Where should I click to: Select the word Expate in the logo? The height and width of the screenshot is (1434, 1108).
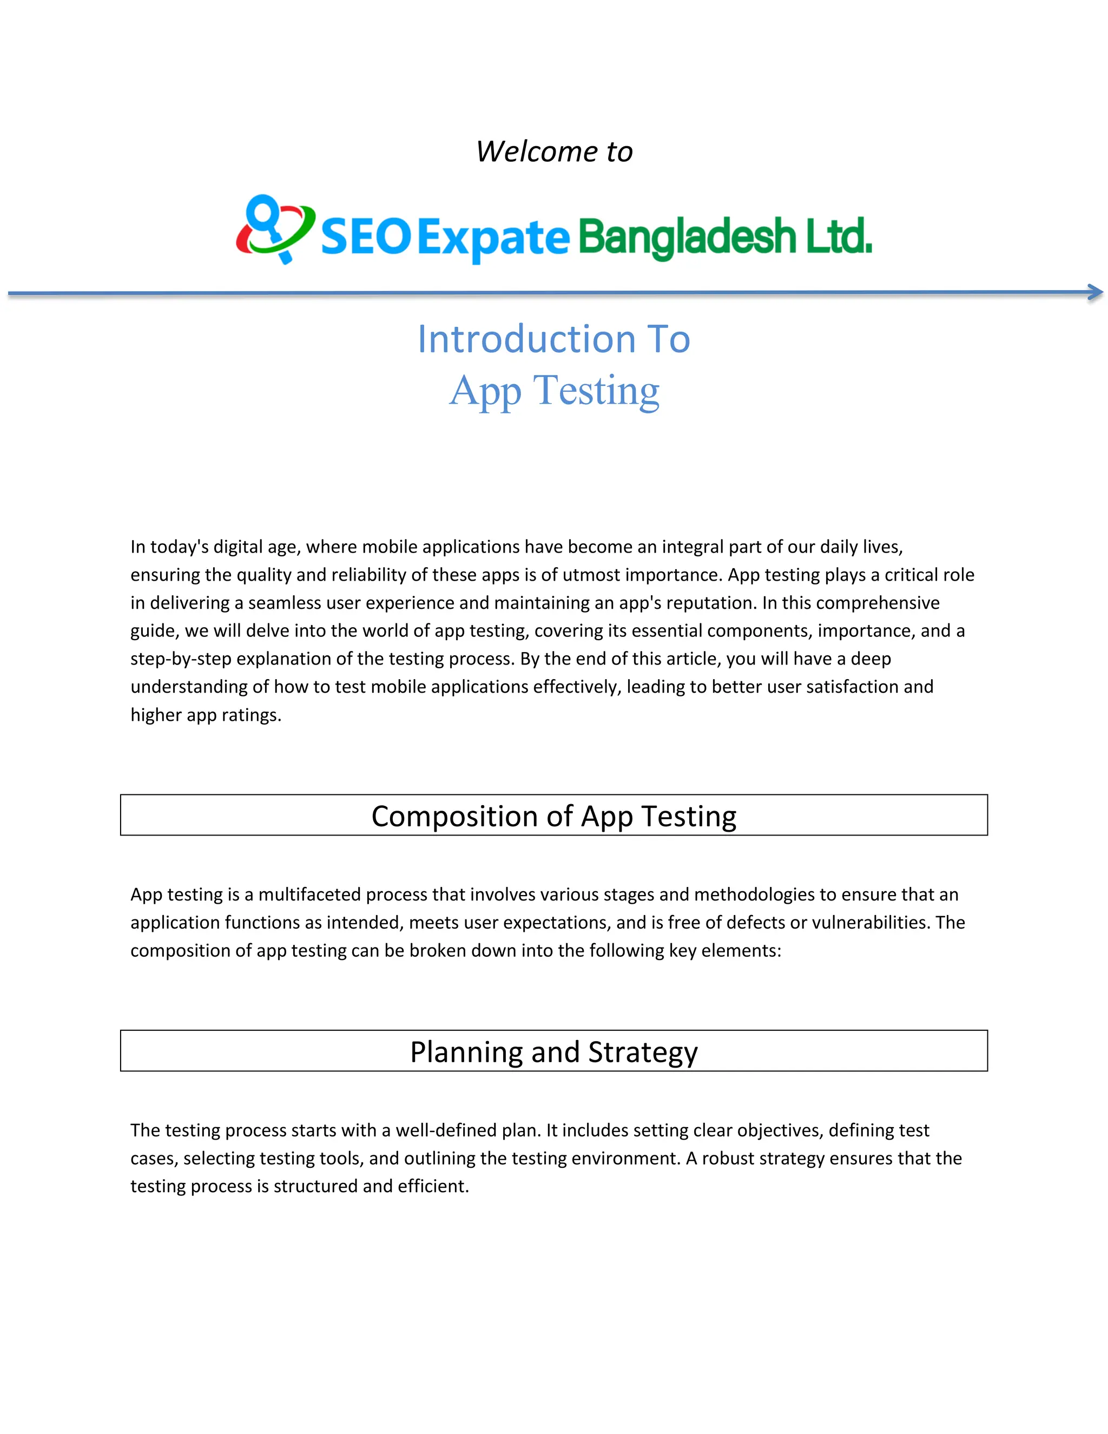pyautogui.click(x=493, y=238)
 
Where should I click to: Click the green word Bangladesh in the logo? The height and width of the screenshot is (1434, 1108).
pyautogui.click(x=687, y=238)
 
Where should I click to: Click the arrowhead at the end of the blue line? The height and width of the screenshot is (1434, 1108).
pyautogui.click(x=1095, y=292)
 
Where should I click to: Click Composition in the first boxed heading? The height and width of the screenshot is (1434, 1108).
pyautogui.click(x=454, y=816)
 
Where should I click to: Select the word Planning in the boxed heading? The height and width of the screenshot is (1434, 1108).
pyautogui.click(x=467, y=1052)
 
